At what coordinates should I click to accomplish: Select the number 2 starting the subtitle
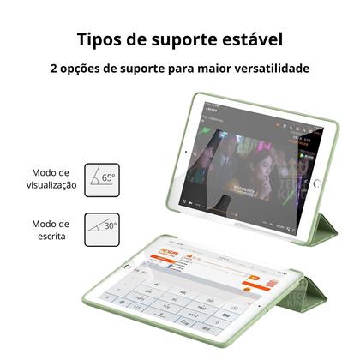(x=54, y=69)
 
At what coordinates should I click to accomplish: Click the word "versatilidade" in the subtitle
(x=267, y=69)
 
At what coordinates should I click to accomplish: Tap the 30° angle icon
(x=101, y=229)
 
